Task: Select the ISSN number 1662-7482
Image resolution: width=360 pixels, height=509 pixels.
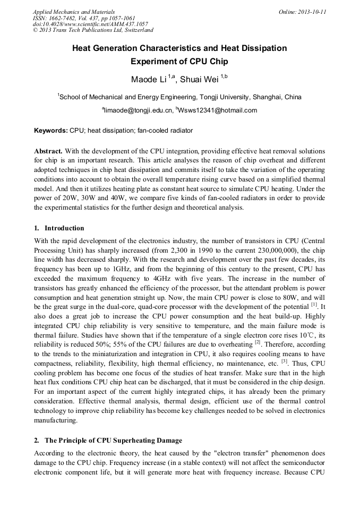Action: click(64, 18)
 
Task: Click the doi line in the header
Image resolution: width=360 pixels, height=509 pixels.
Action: click(90, 24)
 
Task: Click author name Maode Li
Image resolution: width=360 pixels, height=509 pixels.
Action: click(149, 80)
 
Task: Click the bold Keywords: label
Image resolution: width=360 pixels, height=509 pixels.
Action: click(51, 131)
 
